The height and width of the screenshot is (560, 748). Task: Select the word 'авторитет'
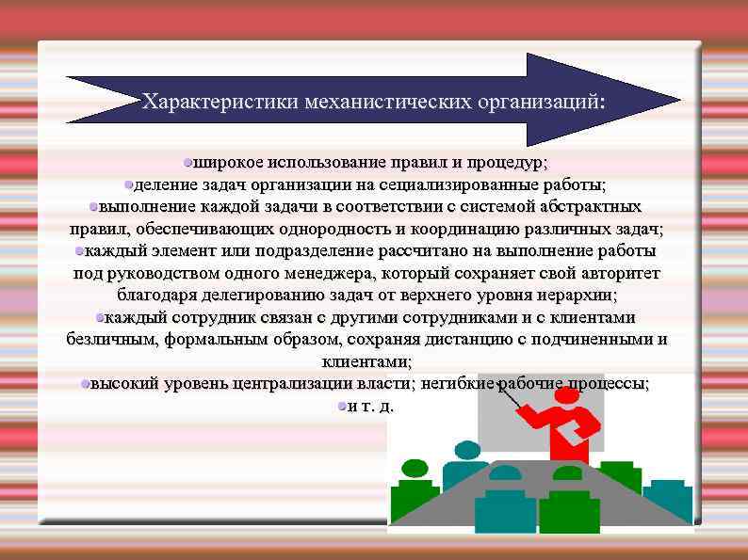point(613,273)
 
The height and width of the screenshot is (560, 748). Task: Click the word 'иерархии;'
point(579,295)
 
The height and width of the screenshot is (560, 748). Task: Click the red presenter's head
point(567,396)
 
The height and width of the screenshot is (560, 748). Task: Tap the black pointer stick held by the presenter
point(509,395)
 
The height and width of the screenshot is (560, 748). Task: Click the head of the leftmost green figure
point(414,468)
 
